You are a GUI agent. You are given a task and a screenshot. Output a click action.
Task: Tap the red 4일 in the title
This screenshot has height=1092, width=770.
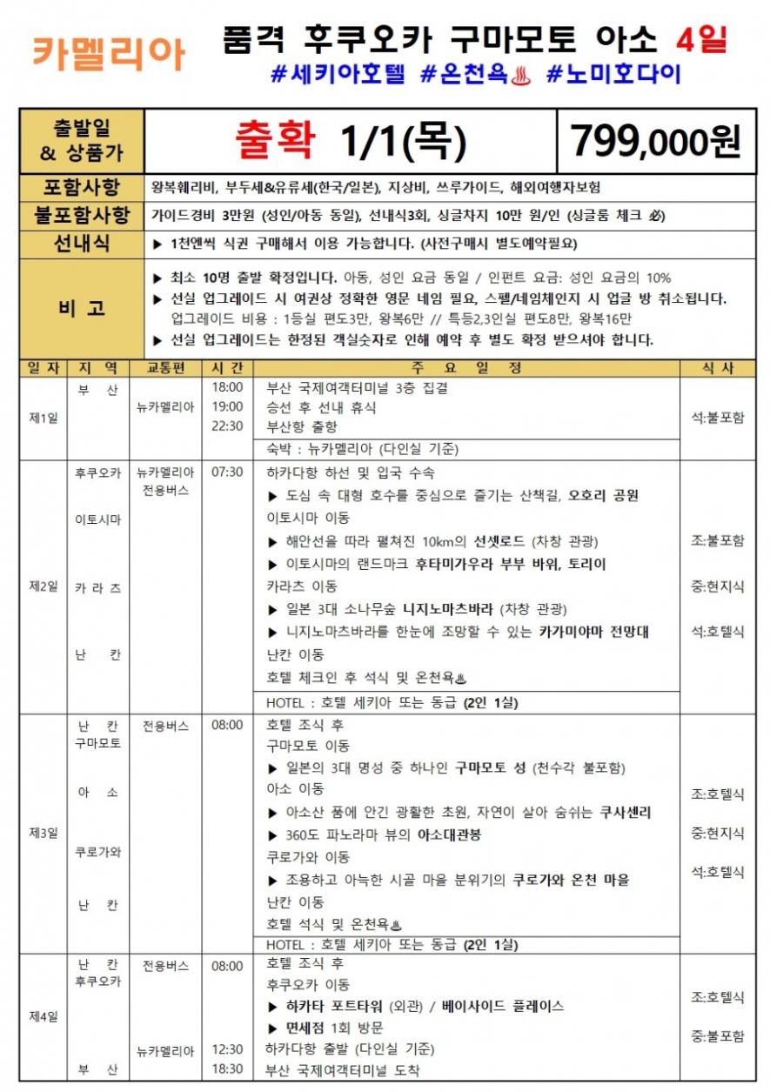[701, 40]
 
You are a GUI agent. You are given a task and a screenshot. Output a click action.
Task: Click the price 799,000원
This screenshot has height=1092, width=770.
[655, 140]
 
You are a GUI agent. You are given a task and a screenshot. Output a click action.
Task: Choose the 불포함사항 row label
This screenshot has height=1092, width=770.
[82, 215]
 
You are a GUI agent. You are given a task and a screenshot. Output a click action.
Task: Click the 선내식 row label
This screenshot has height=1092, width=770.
[82, 244]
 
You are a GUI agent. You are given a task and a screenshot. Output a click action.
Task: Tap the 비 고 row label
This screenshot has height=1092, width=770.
[82, 308]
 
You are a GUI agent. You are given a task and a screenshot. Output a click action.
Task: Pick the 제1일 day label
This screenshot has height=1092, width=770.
[43, 418]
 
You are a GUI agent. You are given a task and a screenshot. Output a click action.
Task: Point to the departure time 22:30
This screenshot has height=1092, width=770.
[228, 427]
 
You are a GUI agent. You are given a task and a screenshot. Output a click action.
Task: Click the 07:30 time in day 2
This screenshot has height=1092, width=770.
[228, 472]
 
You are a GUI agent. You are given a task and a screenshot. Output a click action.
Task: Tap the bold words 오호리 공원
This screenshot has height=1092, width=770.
[604, 496]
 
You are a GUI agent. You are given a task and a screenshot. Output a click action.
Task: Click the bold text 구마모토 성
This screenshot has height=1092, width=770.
[491, 768]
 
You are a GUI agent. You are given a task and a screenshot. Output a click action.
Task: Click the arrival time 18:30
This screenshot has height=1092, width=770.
[228, 1069]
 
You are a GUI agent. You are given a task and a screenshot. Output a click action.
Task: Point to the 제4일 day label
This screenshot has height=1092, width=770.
[43, 1015]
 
